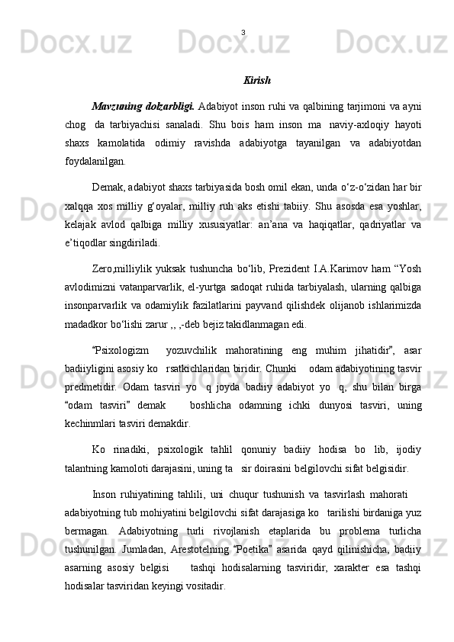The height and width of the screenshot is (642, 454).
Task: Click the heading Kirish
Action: [257, 80]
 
